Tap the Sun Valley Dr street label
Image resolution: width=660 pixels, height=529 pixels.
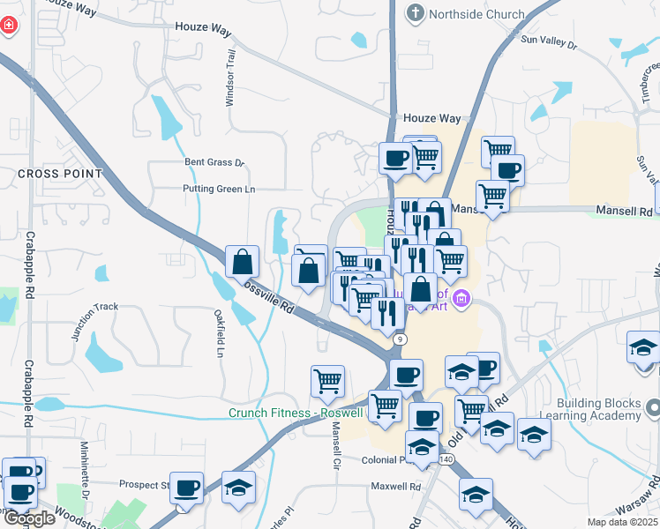tap(548, 41)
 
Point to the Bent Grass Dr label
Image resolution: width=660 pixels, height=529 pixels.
tap(214, 162)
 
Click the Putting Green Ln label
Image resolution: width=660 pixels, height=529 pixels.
tap(218, 189)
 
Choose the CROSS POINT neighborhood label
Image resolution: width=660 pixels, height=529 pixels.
tap(60, 175)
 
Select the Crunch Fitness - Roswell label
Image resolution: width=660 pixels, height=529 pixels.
tap(295, 413)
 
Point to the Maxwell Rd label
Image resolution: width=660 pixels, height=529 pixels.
tap(396, 486)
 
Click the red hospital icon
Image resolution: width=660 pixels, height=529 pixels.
tap(9, 26)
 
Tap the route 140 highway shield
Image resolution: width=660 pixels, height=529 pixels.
tap(446, 460)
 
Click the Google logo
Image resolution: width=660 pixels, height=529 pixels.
tap(29, 518)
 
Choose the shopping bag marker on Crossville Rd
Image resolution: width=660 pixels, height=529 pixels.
tap(242, 263)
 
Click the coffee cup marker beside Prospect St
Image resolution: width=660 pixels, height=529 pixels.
tap(187, 488)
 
